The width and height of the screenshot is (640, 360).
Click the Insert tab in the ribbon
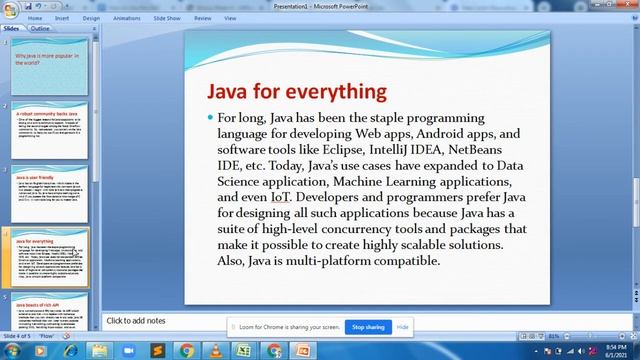tap(62, 18)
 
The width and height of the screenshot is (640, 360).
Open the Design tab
tap(91, 18)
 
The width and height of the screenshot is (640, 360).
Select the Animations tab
tap(127, 18)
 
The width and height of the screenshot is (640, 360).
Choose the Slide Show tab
tap(167, 18)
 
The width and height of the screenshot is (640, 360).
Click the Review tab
tap(203, 18)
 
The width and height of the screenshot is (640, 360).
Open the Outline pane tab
tap(40, 29)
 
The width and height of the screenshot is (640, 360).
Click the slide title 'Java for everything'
tap(296, 91)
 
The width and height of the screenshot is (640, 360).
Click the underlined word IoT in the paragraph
tap(279, 197)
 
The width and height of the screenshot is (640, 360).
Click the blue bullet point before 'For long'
tap(210, 118)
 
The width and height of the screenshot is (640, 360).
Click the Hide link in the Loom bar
tap(403, 327)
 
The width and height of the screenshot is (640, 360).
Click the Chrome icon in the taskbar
tap(186, 350)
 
